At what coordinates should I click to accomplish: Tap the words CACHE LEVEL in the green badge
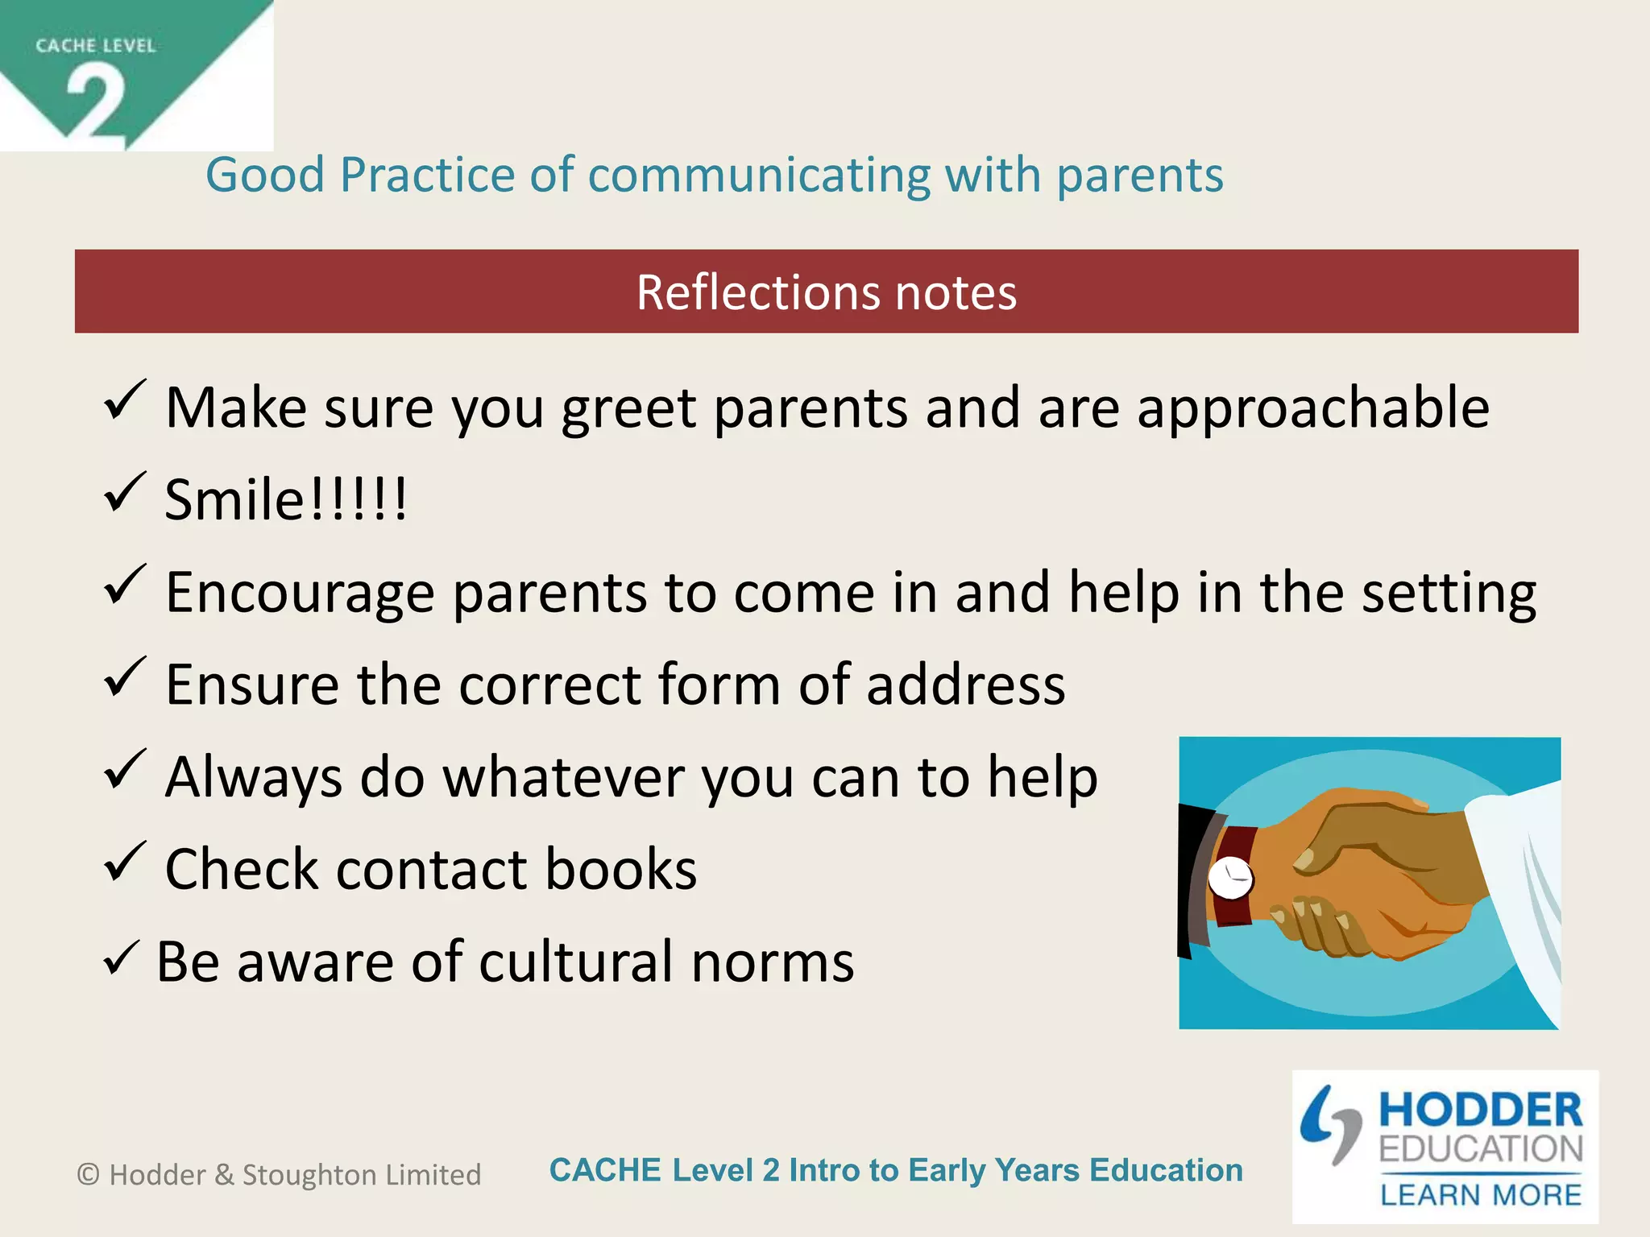[x=95, y=46]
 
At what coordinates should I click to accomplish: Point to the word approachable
[x=1312, y=408]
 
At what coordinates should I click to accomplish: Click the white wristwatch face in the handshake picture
[x=1231, y=877]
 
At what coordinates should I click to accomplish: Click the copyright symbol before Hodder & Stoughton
[x=88, y=1175]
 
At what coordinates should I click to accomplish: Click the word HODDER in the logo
[x=1480, y=1110]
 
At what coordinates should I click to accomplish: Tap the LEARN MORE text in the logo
[x=1480, y=1194]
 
